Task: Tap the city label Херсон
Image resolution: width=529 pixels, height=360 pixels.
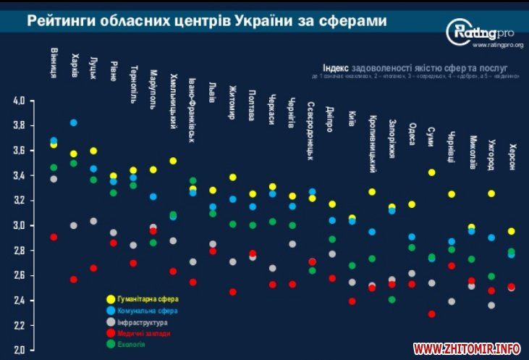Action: (x=512, y=155)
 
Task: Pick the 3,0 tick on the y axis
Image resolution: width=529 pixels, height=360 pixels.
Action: (x=19, y=226)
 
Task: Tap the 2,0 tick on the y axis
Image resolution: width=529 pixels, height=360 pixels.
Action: (x=19, y=351)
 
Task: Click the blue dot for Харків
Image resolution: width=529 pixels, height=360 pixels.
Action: (x=74, y=122)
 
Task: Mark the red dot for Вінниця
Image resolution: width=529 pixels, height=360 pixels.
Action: (x=54, y=237)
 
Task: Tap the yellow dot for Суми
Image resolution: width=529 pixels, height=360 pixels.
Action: (x=431, y=172)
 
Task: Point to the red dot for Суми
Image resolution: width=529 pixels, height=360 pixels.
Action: (x=431, y=314)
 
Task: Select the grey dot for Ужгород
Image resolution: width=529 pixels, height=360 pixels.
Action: (x=492, y=305)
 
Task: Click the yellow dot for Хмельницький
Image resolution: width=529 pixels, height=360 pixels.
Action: (x=173, y=161)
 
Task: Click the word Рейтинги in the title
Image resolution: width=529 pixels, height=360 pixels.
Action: (x=59, y=22)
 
